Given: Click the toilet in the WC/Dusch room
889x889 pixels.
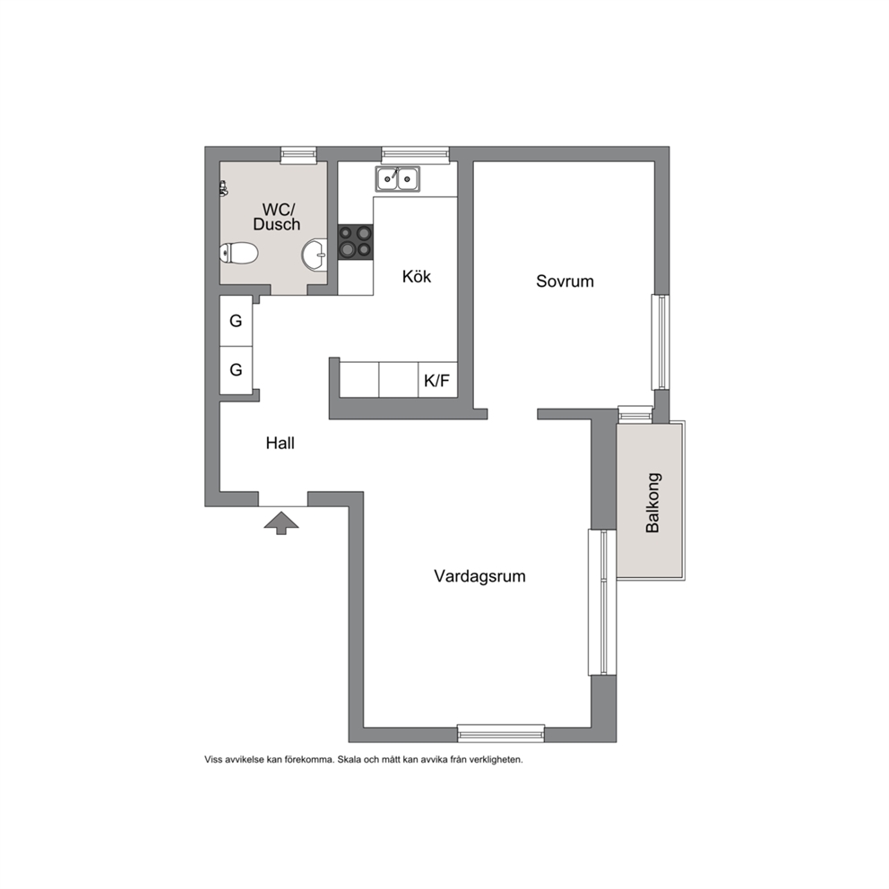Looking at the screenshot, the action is click(238, 253).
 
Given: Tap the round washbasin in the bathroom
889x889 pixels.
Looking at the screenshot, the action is click(315, 255).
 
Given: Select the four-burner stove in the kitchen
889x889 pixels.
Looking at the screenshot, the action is click(356, 242).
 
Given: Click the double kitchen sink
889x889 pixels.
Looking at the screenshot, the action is click(397, 179).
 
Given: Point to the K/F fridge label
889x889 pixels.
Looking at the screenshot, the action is click(436, 381).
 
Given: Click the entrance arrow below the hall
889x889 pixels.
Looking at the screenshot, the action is click(281, 522).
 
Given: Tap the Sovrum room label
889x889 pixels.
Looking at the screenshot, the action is click(565, 281).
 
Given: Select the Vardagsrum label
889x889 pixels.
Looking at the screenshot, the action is click(479, 576).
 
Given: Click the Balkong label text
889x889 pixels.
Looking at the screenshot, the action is click(652, 503).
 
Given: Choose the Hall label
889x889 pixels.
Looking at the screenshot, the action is click(281, 444).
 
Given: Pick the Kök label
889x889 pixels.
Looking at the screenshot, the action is click(416, 277).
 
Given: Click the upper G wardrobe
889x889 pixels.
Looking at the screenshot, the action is click(236, 321).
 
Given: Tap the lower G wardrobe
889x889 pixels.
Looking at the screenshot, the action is click(236, 370).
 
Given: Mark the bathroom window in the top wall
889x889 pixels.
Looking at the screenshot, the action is click(298, 154).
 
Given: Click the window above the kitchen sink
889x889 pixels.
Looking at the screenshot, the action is click(415, 154).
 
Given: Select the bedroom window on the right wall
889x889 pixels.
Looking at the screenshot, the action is click(660, 341).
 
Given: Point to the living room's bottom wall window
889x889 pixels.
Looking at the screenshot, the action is click(501, 734).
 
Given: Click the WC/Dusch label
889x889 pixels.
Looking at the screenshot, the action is click(277, 217).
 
